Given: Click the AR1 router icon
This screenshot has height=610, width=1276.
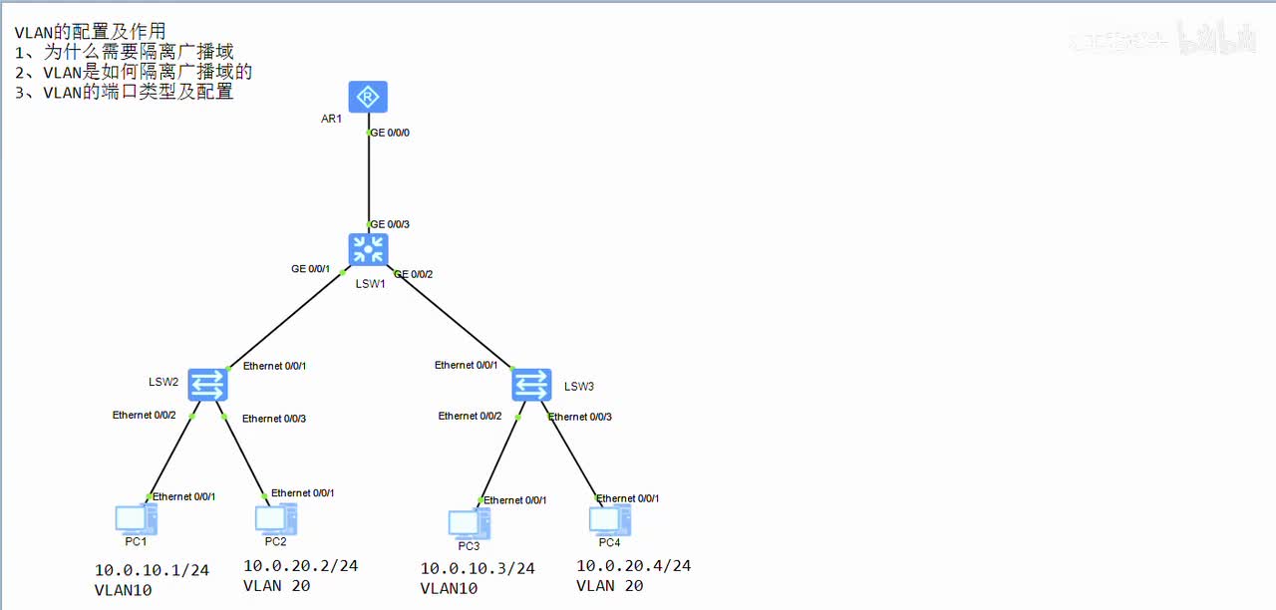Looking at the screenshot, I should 368,97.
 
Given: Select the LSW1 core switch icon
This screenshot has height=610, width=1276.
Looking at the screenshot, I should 368,249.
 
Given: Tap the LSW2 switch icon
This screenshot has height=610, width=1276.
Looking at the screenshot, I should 208,383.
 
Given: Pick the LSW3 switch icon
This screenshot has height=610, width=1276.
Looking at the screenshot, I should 531,384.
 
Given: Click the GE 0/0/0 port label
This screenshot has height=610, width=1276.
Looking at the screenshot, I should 390,133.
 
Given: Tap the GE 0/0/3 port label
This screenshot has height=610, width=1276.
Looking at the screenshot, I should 390,225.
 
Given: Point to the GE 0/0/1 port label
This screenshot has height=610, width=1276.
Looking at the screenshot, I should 310,269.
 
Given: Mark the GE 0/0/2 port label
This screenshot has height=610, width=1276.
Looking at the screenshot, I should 414,274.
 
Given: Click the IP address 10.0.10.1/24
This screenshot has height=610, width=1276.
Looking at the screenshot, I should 152,571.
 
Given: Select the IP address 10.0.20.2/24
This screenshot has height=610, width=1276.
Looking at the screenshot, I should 300,566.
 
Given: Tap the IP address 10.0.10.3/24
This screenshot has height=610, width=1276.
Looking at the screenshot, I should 477,569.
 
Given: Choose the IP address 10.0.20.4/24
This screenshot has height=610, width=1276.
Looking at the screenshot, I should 633,566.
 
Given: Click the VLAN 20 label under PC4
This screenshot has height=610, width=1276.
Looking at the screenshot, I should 609,586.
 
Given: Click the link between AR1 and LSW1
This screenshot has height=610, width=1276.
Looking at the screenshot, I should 369,179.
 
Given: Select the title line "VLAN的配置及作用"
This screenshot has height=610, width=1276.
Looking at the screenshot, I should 90,32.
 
